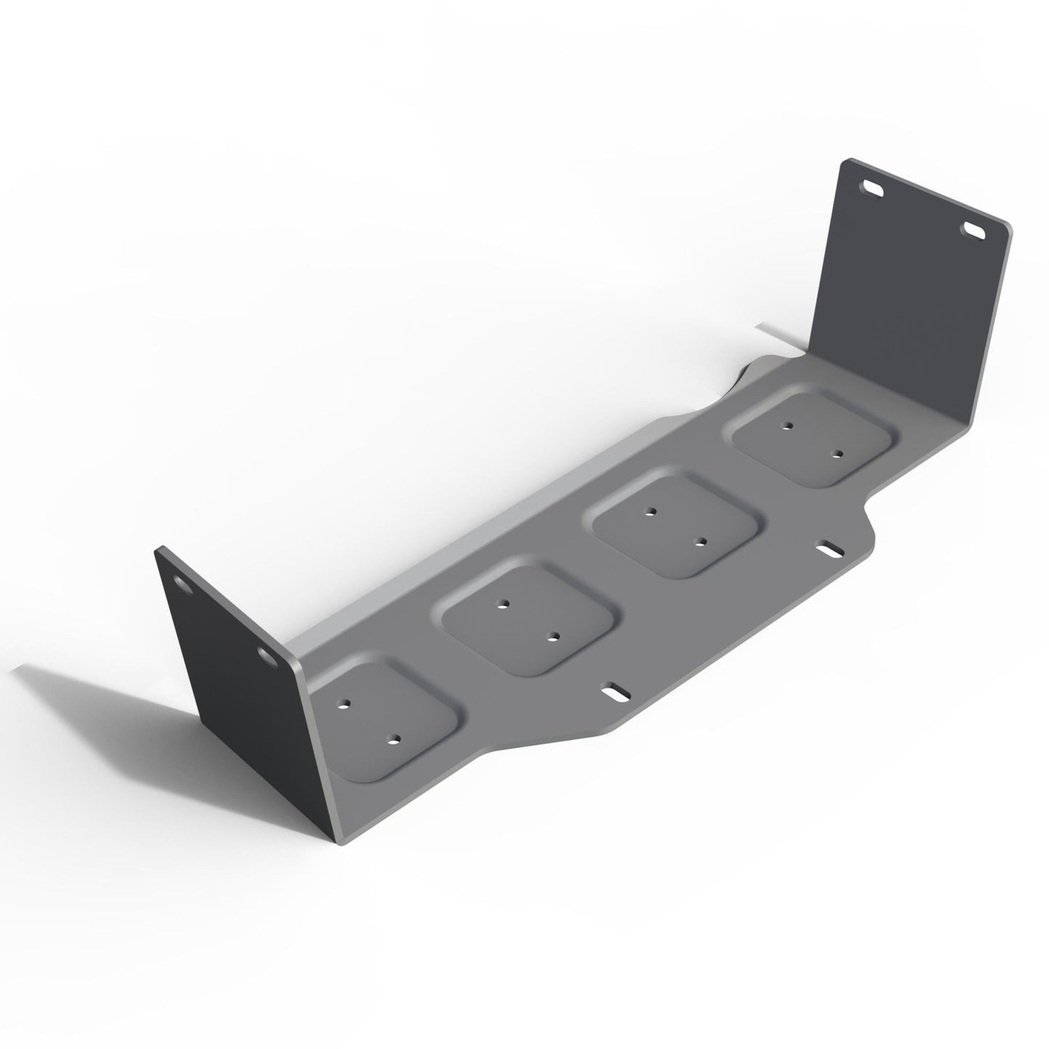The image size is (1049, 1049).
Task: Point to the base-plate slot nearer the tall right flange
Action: pyautogui.click(x=828, y=549)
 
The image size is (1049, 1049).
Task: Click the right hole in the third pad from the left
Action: pyautogui.click(x=701, y=541)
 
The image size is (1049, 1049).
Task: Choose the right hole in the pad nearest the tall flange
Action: pyautogui.click(x=837, y=455)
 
